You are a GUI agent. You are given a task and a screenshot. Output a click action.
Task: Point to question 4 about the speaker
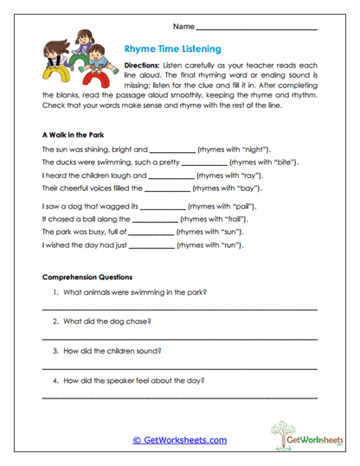click(125, 380)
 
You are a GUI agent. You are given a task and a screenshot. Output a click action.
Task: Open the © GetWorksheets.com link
click(179, 440)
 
